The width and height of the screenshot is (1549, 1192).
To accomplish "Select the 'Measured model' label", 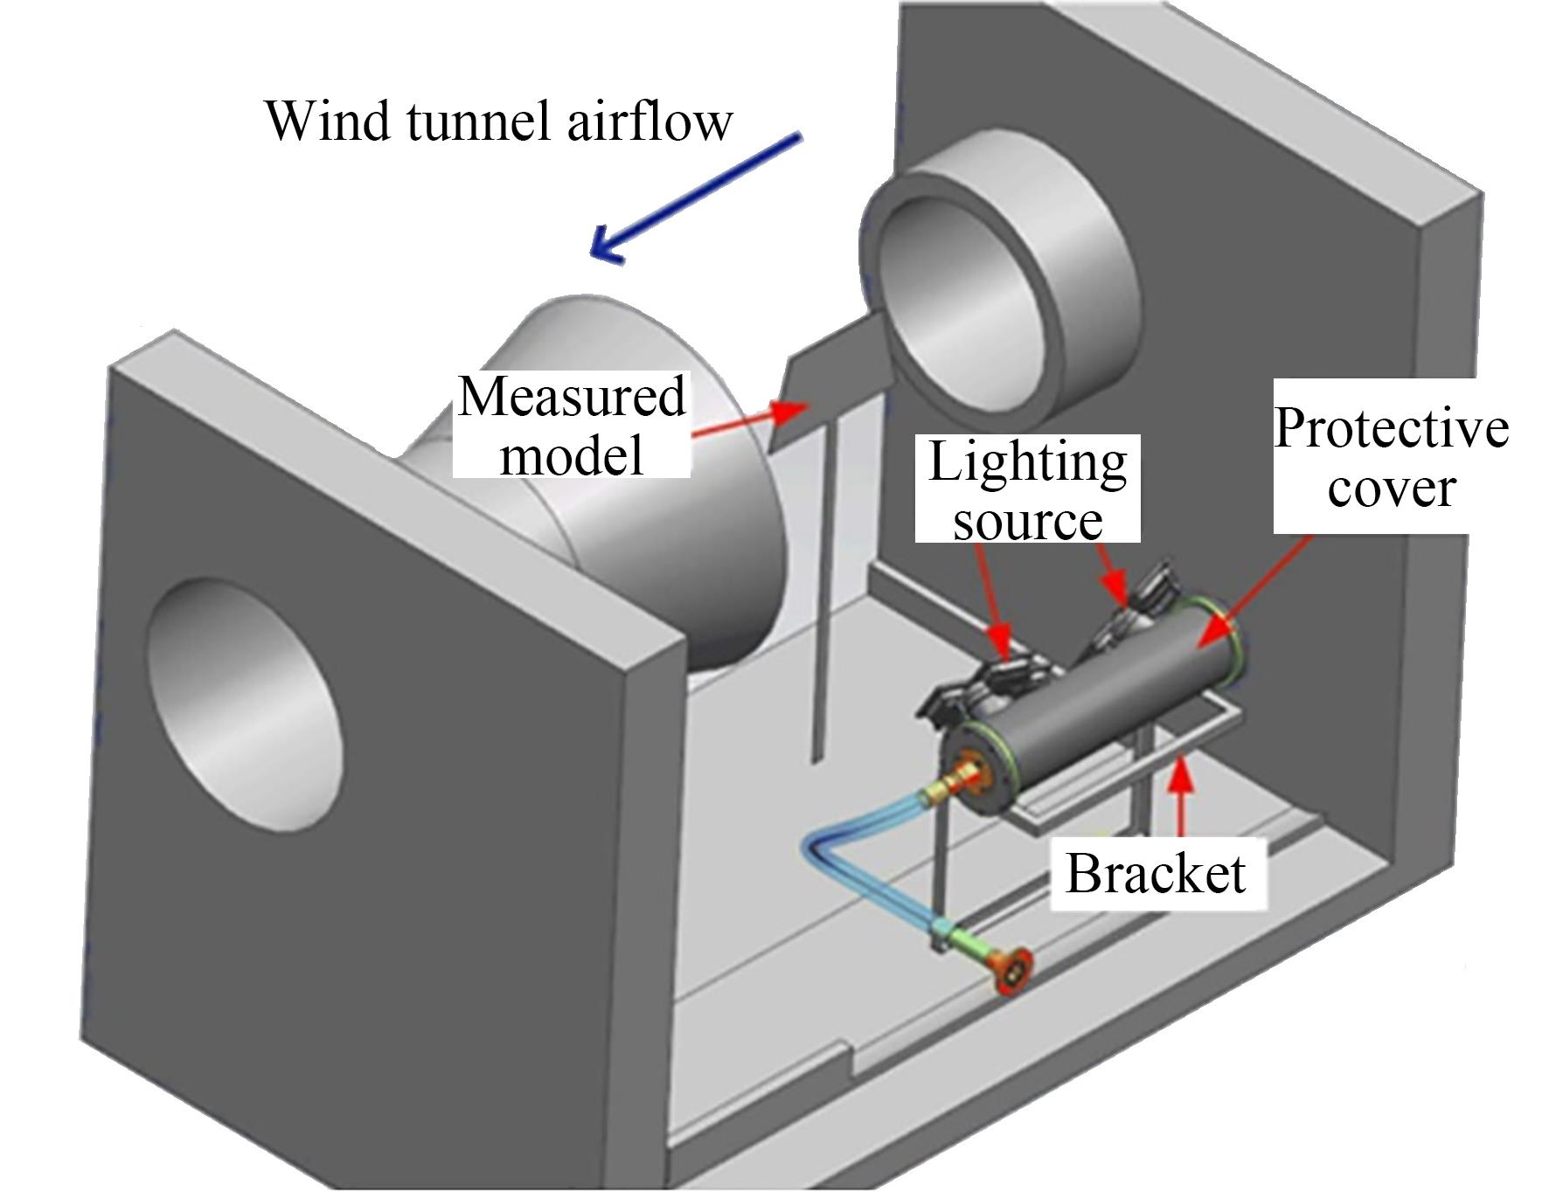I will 572,425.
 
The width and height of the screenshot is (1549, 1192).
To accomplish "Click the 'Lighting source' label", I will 1027,489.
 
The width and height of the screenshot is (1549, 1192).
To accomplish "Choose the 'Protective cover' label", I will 1390,456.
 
